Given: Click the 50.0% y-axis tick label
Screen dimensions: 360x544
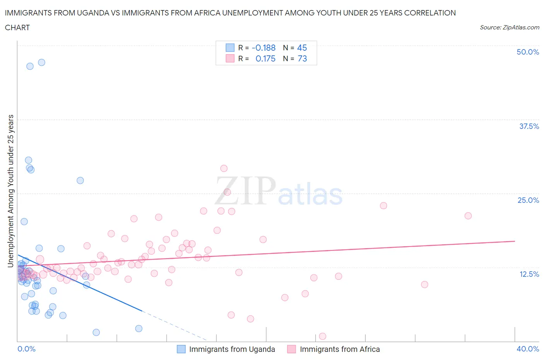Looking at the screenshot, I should point(527,52).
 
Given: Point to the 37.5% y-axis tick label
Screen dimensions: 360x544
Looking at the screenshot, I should point(529,126).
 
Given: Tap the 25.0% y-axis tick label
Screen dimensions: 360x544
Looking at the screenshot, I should point(528,200).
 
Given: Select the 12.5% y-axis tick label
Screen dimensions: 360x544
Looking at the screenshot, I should point(529,274).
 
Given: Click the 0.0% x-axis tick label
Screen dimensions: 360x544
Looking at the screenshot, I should point(27,349).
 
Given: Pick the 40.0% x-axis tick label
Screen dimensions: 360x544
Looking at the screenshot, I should point(528,349).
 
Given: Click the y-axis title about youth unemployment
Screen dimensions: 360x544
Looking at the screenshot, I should point(11,191).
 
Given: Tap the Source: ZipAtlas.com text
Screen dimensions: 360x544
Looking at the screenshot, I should point(509,27).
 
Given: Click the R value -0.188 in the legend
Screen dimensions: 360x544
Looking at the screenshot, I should point(263,48).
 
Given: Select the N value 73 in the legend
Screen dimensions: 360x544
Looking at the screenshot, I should point(302,58).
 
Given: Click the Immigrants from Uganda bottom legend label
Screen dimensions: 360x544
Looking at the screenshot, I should point(232,349).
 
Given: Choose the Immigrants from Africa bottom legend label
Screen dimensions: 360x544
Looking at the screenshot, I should point(340,349).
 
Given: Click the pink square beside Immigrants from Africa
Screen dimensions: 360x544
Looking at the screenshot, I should point(291,349).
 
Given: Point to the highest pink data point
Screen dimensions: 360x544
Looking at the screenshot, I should point(224,168).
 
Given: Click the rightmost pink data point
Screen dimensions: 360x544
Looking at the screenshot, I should point(468,216).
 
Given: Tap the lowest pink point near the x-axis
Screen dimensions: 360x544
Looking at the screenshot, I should point(322,336).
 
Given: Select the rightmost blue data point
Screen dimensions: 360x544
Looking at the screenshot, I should point(139,329).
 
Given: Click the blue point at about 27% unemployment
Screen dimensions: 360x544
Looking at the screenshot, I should point(80,180).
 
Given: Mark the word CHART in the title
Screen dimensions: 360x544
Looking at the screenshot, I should point(17,27).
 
